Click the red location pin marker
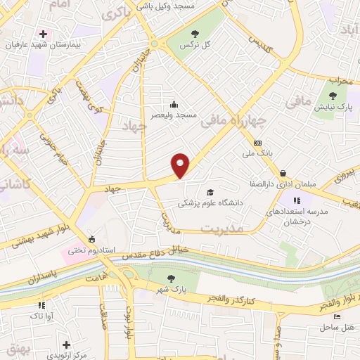[181, 165]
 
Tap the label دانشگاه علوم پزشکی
[209, 202]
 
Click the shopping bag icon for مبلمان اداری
[283, 173]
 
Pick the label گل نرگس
[197, 44]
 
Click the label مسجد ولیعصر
[177, 115]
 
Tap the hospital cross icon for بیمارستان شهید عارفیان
[44, 34]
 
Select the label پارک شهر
[172, 288]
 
